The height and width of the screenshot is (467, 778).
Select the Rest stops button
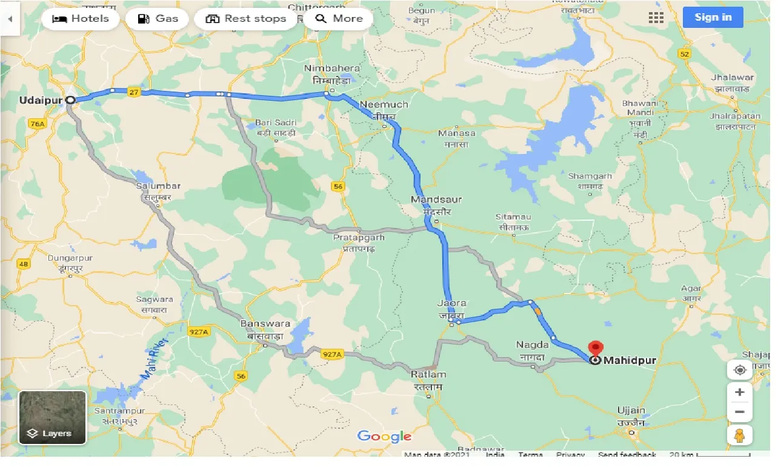point(245,18)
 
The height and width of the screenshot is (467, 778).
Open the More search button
point(339,18)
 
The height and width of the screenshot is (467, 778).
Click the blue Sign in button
point(713,17)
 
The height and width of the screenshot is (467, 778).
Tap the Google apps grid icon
point(656,18)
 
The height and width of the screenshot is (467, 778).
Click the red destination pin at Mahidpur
point(596,349)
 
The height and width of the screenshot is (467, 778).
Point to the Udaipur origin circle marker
point(70,100)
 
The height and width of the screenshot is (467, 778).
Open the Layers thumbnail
point(53,418)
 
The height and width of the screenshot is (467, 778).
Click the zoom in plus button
point(739,392)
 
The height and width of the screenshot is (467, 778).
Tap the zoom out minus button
point(739,412)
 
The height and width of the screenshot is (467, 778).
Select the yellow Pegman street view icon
point(739,435)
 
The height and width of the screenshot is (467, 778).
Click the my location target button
point(739,370)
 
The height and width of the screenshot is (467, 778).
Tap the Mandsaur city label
point(436,199)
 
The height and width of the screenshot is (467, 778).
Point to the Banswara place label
point(265,324)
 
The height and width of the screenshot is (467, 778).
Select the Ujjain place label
point(631,410)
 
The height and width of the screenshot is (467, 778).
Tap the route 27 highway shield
point(135,92)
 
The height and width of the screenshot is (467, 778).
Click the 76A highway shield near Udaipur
point(37,124)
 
